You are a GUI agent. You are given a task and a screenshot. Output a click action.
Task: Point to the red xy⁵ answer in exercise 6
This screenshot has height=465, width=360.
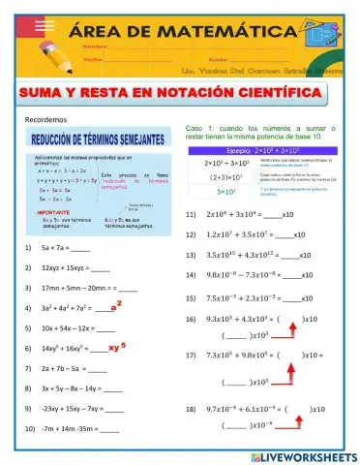[118, 346]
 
